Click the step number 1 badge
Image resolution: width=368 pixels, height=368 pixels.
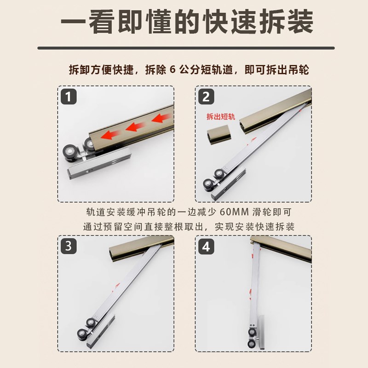(x=69, y=97)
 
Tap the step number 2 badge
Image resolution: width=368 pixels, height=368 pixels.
(x=206, y=97)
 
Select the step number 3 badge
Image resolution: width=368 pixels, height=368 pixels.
(x=69, y=246)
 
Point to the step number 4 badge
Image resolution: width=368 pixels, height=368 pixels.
(x=206, y=246)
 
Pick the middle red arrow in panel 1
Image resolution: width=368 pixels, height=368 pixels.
(x=135, y=126)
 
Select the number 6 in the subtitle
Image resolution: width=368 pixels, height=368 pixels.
(x=173, y=70)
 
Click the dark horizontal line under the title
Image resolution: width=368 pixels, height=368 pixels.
(x=184, y=47)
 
